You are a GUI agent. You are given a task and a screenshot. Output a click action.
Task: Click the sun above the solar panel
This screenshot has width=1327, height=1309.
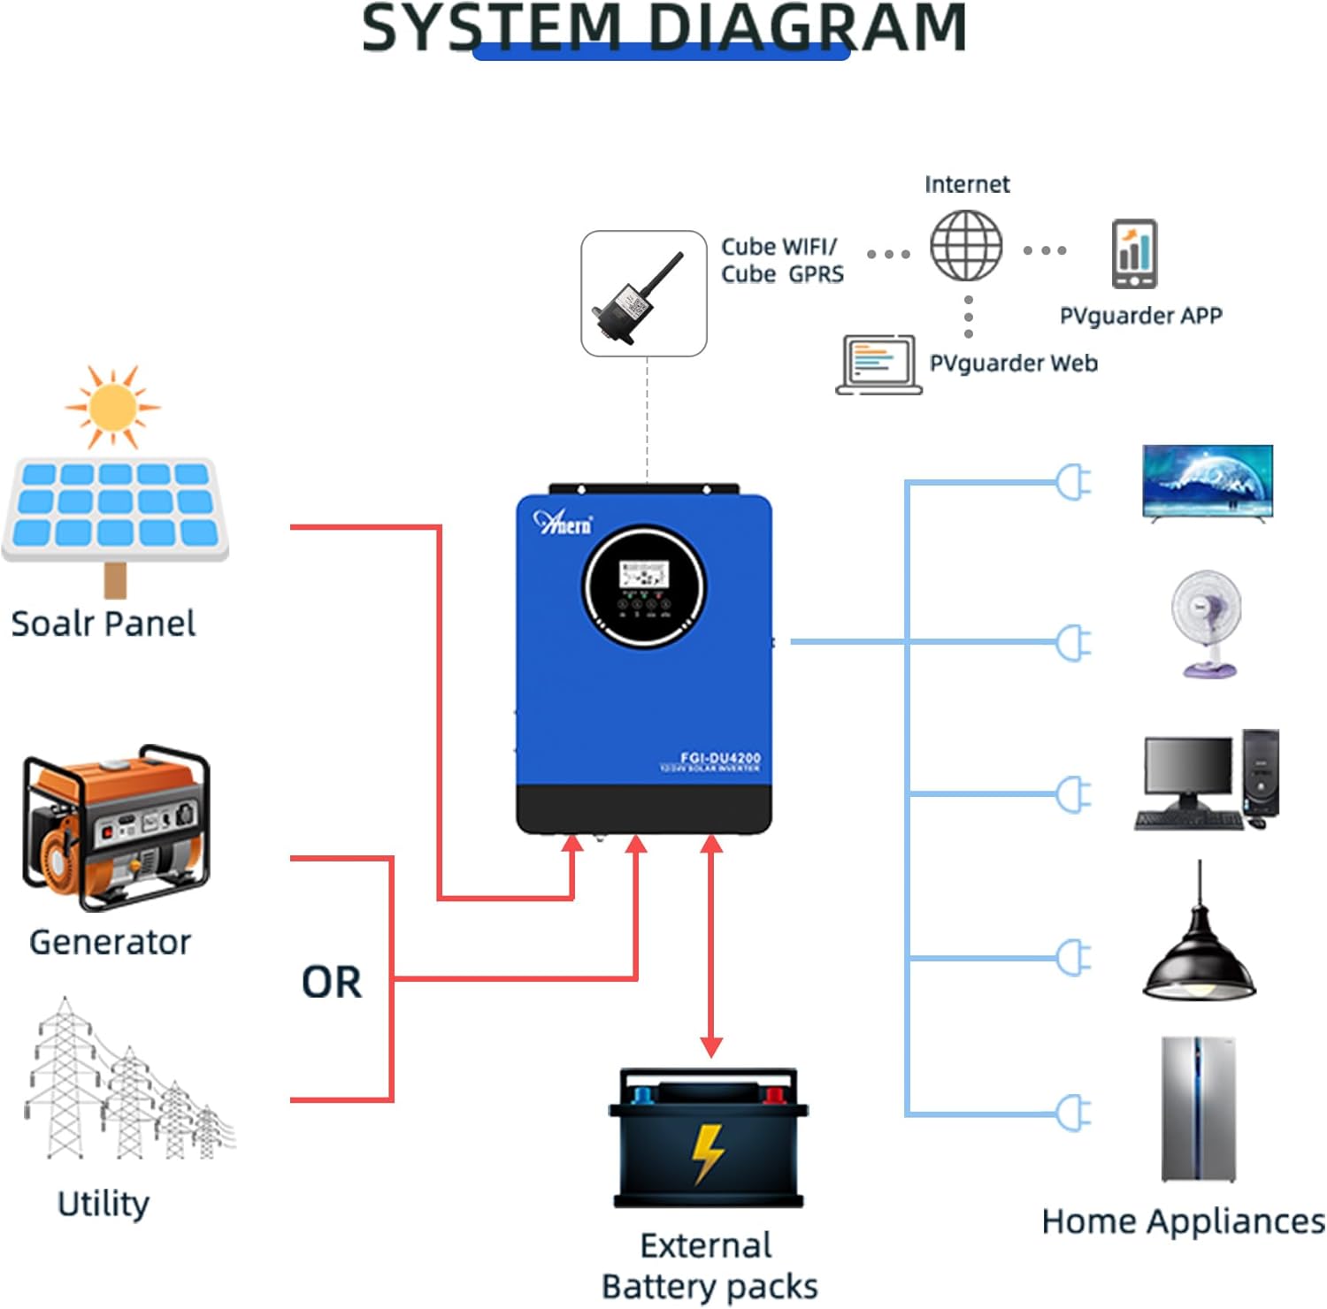click(112, 407)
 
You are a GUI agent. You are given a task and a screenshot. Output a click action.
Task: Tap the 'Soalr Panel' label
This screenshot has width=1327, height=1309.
click(103, 624)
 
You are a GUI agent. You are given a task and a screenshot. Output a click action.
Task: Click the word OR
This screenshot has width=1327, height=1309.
click(332, 983)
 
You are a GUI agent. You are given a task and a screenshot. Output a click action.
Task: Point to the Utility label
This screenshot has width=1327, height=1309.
click(104, 1204)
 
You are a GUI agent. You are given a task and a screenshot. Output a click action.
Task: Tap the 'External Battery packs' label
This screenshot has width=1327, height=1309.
click(709, 1266)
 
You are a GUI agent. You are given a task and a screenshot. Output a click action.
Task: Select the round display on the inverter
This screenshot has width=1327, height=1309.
click(644, 586)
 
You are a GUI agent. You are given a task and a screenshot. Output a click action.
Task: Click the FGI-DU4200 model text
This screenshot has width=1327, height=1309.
click(719, 757)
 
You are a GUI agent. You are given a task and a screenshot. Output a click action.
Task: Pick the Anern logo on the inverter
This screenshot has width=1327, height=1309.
click(563, 523)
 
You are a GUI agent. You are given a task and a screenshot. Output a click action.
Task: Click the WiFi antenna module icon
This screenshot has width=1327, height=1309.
click(643, 294)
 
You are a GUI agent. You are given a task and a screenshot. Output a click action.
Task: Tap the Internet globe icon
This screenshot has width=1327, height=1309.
click(966, 246)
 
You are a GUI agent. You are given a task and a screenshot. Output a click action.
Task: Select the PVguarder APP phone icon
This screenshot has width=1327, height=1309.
click(1134, 254)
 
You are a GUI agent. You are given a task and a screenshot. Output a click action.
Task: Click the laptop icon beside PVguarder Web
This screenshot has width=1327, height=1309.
click(878, 364)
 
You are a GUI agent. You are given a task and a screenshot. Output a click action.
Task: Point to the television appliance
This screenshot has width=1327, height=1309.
click(1208, 483)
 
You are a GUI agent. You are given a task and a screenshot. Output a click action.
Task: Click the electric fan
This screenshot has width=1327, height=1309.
click(1206, 623)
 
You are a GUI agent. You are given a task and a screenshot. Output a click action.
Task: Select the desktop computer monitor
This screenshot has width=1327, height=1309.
click(1186, 771)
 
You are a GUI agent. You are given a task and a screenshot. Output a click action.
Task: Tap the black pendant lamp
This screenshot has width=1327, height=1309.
click(1199, 960)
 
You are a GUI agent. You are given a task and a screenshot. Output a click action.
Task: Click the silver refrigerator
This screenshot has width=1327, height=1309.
click(1198, 1110)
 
